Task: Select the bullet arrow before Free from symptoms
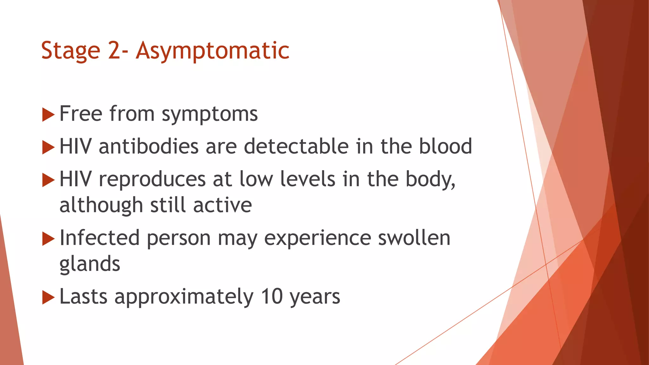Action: (x=48, y=114)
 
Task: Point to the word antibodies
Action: (x=149, y=146)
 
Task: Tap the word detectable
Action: (x=296, y=146)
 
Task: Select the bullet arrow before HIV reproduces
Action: (x=48, y=180)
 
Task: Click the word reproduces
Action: (x=152, y=179)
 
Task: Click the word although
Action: (x=101, y=205)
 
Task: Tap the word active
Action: (x=222, y=205)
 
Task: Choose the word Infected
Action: (x=100, y=238)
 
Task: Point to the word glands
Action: (x=90, y=264)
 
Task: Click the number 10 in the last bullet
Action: (x=272, y=297)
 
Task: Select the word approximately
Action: (x=184, y=297)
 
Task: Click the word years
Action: (x=315, y=297)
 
